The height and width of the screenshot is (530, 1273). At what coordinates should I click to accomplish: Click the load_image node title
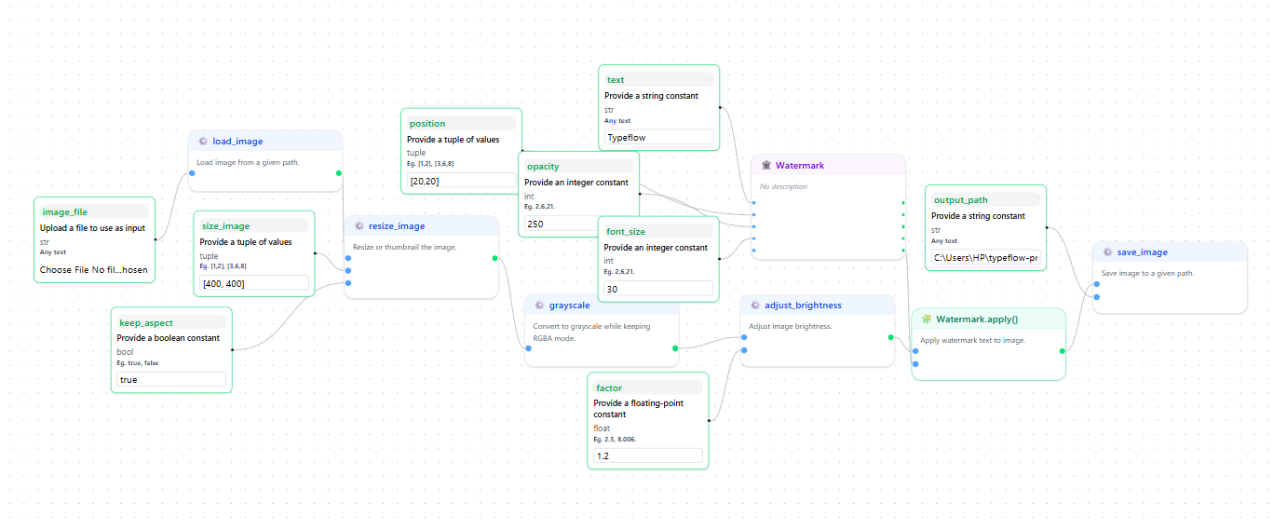click(x=237, y=142)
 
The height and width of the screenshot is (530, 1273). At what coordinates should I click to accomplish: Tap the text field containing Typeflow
click(x=658, y=137)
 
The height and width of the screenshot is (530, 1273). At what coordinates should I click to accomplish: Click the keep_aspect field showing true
click(x=170, y=379)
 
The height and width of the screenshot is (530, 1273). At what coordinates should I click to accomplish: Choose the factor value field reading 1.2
click(x=647, y=455)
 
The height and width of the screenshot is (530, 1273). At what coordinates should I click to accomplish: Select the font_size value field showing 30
click(x=658, y=289)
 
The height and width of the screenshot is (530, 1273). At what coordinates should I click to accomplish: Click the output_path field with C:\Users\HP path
click(x=985, y=257)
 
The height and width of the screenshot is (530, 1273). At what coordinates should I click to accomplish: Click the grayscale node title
click(x=569, y=305)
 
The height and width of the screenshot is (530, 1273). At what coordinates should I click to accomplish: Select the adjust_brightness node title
click(x=803, y=305)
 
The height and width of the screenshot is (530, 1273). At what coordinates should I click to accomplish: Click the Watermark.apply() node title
click(x=977, y=319)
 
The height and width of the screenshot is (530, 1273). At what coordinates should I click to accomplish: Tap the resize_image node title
click(x=396, y=226)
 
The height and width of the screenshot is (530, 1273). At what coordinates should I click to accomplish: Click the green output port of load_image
click(x=339, y=172)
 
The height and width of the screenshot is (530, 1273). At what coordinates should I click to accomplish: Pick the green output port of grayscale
click(x=675, y=348)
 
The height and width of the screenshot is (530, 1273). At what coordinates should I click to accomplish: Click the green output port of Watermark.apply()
click(x=1063, y=351)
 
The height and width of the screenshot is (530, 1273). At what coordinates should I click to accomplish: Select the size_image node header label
click(x=225, y=225)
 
